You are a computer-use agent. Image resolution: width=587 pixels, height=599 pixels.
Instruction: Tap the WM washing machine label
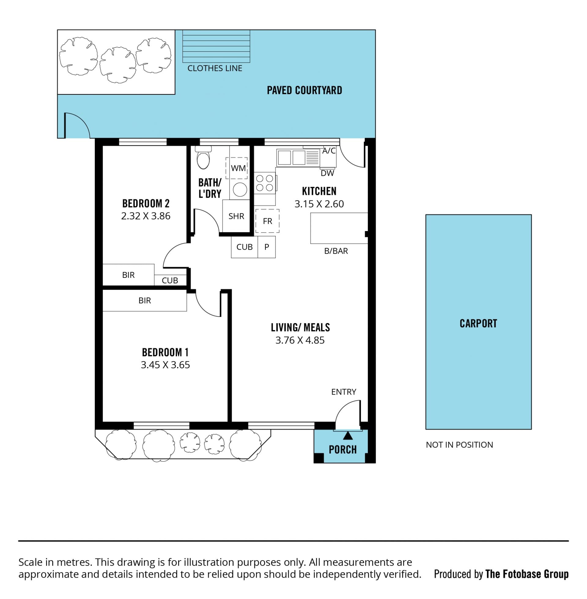point(238,168)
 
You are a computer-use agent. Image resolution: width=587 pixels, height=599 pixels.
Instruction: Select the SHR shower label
point(236,216)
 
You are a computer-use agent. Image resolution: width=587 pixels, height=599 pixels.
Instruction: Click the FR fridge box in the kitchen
point(267,221)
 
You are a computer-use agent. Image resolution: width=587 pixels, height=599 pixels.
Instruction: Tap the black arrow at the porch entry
point(348,435)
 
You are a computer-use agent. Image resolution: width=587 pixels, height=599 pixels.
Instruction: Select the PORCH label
point(342,450)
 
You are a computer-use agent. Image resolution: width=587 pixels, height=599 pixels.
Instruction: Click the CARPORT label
point(478,324)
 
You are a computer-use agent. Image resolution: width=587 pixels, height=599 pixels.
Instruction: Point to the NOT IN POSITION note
point(460,445)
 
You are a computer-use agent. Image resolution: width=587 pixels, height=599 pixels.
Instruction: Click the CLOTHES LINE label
point(215,68)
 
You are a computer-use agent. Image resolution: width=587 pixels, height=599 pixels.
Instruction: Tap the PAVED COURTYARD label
point(304,90)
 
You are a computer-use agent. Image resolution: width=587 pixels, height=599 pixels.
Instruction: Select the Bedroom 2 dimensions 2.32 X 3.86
point(146,216)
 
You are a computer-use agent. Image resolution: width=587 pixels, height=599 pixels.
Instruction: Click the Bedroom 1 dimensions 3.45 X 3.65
point(165,365)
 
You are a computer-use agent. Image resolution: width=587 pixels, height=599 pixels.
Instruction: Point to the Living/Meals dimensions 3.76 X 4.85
point(300,340)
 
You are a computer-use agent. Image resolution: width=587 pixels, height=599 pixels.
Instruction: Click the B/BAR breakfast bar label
point(336,251)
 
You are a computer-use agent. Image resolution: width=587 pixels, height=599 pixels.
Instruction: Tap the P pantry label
point(267,247)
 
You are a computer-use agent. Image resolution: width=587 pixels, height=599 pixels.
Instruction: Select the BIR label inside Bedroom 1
point(145,300)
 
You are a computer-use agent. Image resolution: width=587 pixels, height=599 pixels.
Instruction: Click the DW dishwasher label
point(327,173)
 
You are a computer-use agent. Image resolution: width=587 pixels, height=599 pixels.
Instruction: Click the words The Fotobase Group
point(527,574)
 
